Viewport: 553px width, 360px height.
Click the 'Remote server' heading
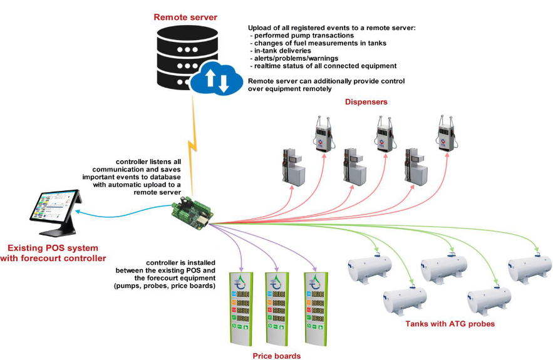coord(185,18)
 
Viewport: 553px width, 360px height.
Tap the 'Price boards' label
coord(276,356)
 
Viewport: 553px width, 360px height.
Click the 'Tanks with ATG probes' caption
coord(450,324)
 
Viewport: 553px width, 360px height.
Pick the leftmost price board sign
coord(240,307)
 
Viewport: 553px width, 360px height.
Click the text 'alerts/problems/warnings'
coord(292,58)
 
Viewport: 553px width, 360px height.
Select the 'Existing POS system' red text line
coord(53,248)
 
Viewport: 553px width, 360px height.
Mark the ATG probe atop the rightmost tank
coord(538,253)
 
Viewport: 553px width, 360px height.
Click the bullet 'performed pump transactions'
coord(304,36)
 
